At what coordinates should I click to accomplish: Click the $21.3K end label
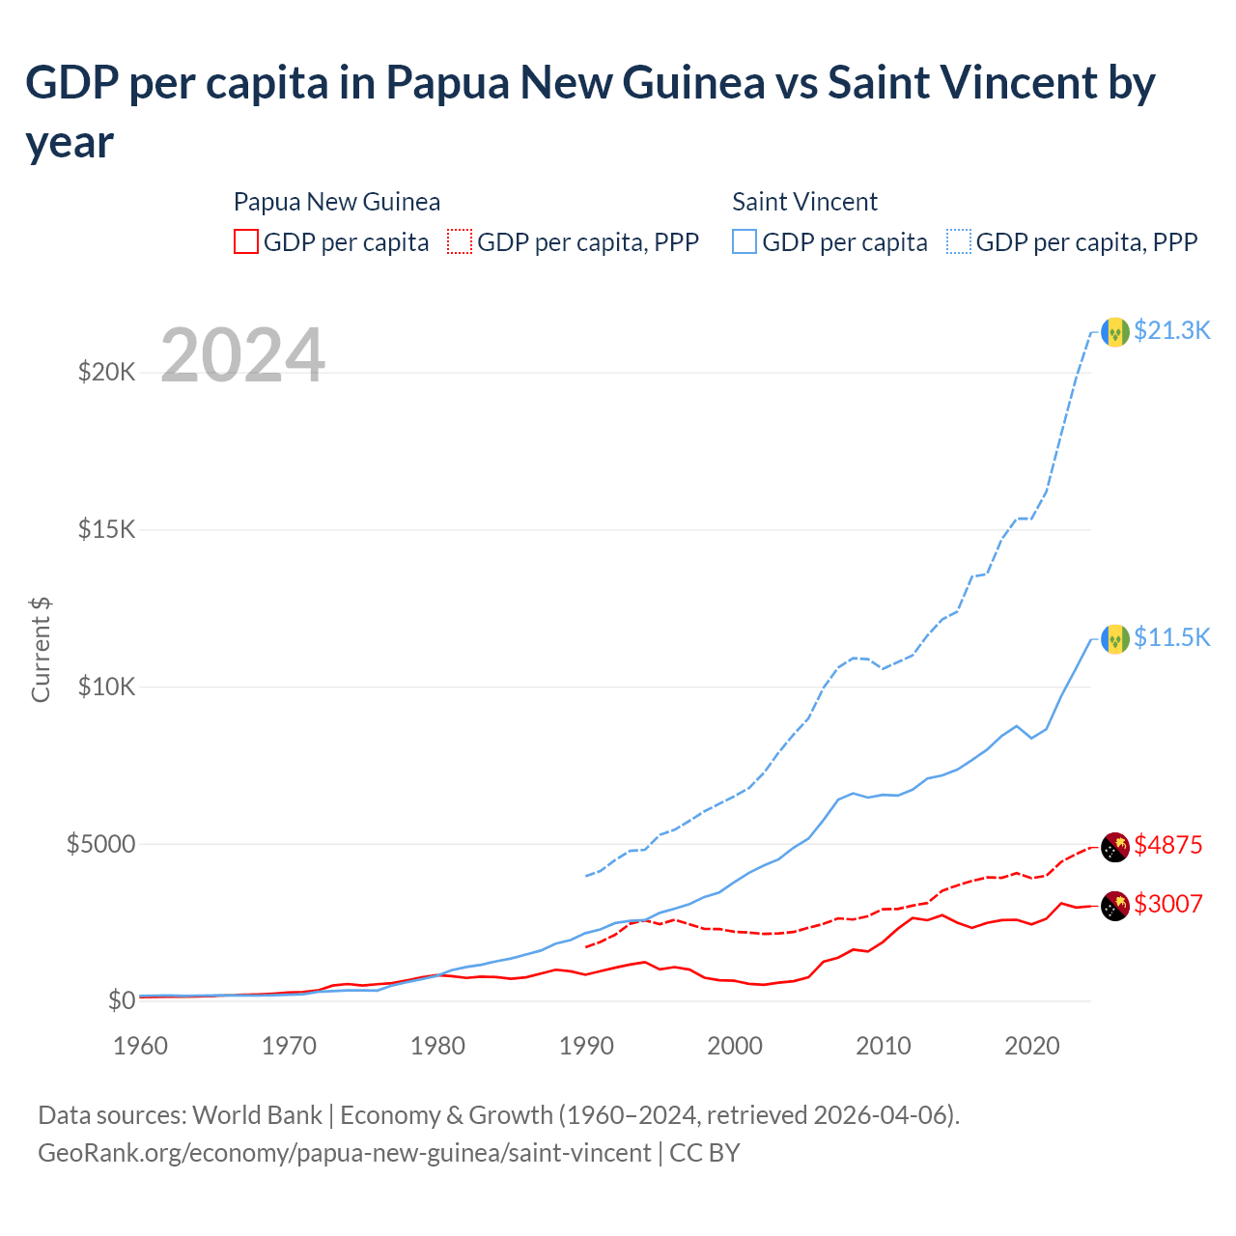pyautogui.click(x=1171, y=330)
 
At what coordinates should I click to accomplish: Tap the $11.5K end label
pyautogui.click(x=1171, y=637)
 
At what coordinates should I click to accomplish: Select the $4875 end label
pyautogui.click(x=1167, y=845)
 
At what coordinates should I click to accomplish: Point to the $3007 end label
pyautogui.click(x=1167, y=904)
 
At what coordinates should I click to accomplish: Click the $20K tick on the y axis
pyautogui.click(x=106, y=372)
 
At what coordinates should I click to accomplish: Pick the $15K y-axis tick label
pyautogui.click(x=106, y=529)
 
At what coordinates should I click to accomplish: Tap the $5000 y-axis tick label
pyautogui.click(x=100, y=844)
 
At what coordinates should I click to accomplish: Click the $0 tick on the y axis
pyautogui.click(x=121, y=999)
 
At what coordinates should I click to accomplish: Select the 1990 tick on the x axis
pyautogui.click(x=586, y=1046)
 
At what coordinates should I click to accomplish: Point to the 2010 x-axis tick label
pyautogui.click(x=884, y=1046)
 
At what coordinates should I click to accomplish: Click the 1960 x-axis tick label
pyautogui.click(x=141, y=1046)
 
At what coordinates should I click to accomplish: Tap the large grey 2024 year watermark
pyautogui.click(x=242, y=355)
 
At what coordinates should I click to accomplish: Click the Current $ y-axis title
pyautogui.click(x=41, y=649)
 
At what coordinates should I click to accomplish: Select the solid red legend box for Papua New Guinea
pyautogui.click(x=246, y=241)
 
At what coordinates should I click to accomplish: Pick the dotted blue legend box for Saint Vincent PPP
pyautogui.click(x=959, y=241)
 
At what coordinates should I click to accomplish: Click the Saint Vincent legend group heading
pyautogui.click(x=804, y=202)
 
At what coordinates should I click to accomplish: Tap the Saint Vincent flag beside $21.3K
pyautogui.click(x=1115, y=332)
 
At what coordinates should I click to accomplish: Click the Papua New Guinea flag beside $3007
pyautogui.click(x=1115, y=906)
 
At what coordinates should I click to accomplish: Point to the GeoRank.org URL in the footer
pyautogui.click(x=345, y=1153)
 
